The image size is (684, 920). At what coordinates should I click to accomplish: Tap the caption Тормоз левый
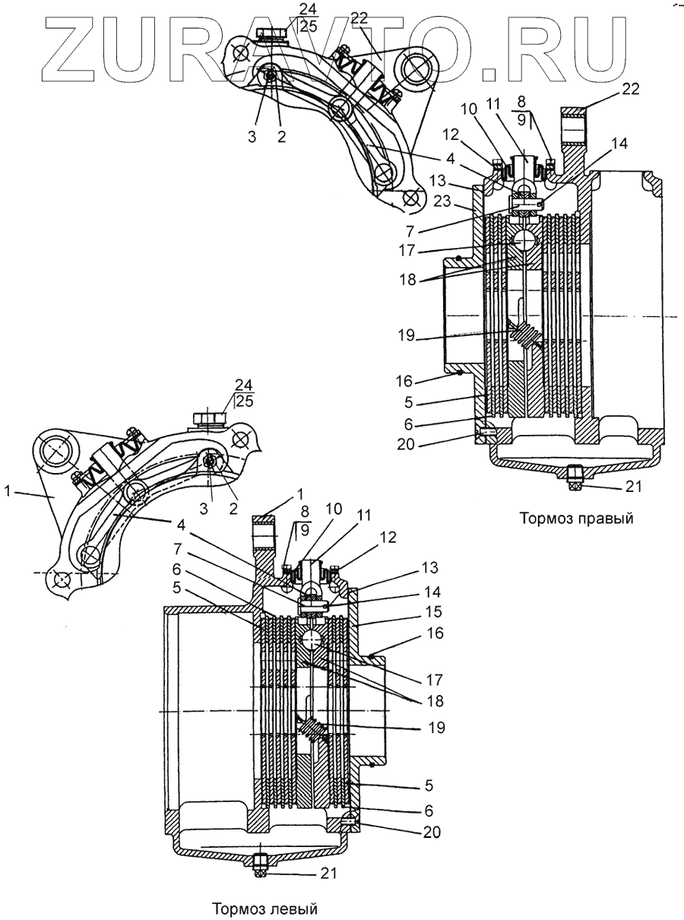[264, 909]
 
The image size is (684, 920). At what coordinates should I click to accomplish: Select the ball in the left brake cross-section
[313, 641]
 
